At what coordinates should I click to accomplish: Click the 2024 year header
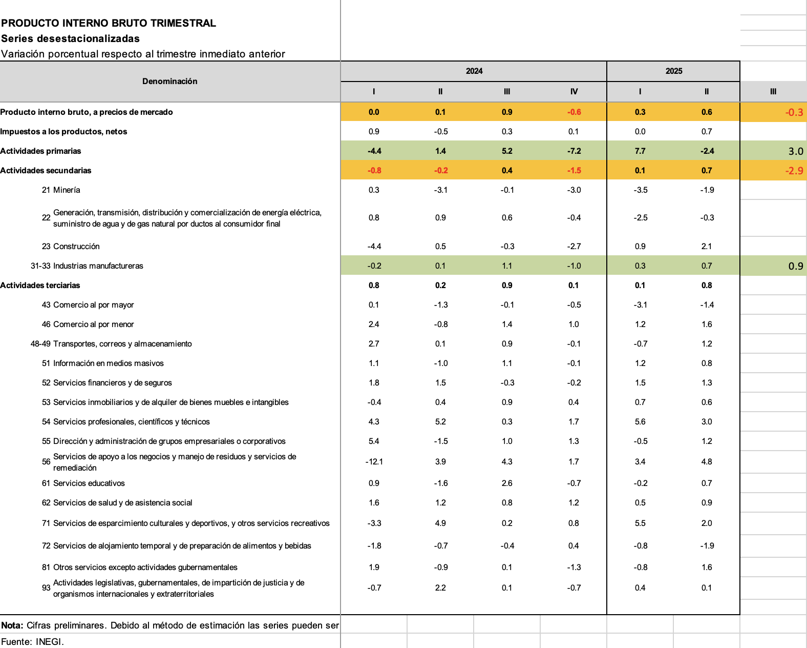(x=474, y=71)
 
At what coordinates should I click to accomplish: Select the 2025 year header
(x=673, y=71)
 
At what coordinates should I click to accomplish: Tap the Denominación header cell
(x=169, y=82)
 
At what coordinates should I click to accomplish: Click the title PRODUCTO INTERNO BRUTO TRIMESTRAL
(x=109, y=23)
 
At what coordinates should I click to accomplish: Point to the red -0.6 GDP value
(x=574, y=112)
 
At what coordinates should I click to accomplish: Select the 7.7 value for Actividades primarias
(x=640, y=151)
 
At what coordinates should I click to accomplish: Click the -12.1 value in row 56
(x=374, y=462)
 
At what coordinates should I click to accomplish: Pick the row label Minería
(x=67, y=190)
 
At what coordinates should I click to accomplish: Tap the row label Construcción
(x=76, y=247)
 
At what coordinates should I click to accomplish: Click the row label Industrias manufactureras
(x=98, y=266)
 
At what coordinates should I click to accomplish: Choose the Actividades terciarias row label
(x=40, y=286)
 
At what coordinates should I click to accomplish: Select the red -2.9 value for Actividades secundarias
(x=794, y=171)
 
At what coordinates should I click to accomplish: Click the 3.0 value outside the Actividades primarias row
(x=795, y=151)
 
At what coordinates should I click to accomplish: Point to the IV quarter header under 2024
(x=574, y=92)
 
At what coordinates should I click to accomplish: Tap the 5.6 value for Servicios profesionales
(x=640, y=422)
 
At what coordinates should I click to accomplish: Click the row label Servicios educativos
(x=89, y=483)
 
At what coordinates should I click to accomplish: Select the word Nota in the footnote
(x=12, y=625)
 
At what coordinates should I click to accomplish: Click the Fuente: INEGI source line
(x=32, y=642)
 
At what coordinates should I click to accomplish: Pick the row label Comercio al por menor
(x=93, y=325)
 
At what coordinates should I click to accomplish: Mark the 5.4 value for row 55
(x=374, y=441)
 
